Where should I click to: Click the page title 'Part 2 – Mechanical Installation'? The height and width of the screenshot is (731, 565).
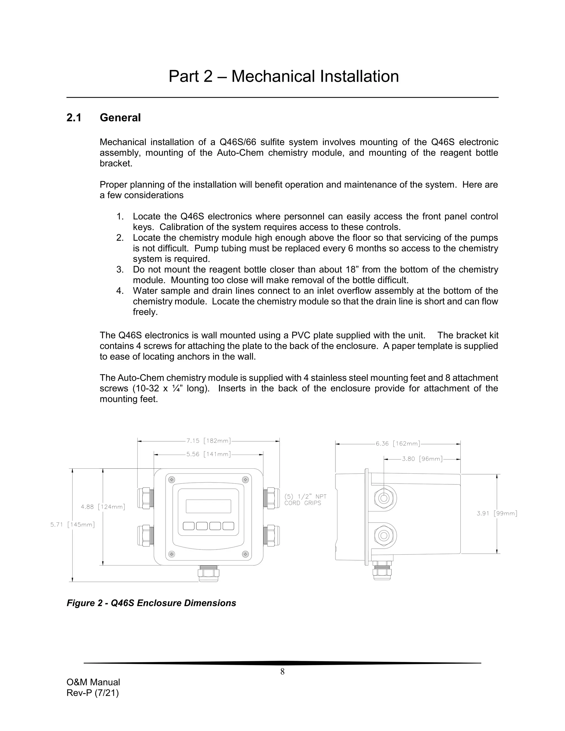[284, 76]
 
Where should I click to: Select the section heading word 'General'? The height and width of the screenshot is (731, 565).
[120, 118]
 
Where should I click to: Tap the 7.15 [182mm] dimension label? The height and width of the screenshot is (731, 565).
[209, 441]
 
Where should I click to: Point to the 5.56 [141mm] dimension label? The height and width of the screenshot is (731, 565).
[209, 454]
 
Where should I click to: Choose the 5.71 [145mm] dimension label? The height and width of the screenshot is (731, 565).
[73, 524]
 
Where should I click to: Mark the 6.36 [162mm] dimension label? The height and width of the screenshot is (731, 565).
[398, 444]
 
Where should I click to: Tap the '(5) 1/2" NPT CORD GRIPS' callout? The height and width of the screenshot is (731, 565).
[305, 500]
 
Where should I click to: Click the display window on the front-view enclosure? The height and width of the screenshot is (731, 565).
[208, 506]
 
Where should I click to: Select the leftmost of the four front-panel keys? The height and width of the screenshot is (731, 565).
[189, 526]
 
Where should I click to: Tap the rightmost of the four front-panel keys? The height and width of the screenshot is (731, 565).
[228, 526]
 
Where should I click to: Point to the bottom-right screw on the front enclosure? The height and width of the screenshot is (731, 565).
[245, 554]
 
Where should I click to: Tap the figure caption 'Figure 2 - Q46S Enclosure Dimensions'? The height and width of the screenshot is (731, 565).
[151, 603]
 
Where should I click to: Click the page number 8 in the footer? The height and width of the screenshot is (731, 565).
[282, 671]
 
